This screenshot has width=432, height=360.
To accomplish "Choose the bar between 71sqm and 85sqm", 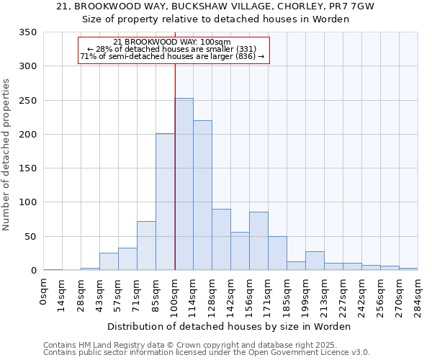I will coord(146,246).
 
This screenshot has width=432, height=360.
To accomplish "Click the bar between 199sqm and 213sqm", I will coord(315,261).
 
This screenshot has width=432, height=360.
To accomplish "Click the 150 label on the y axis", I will coord(29,168).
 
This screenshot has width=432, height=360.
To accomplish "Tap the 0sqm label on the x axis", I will coord(44,292).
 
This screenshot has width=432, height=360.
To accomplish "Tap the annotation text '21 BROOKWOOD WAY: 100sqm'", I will coord(172,42).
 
